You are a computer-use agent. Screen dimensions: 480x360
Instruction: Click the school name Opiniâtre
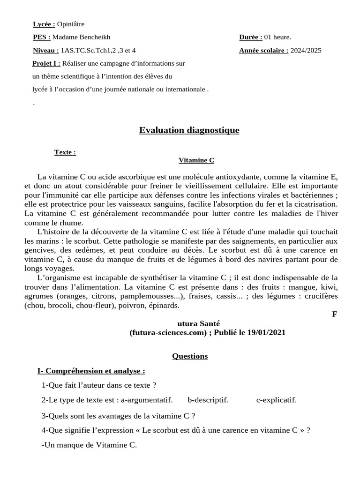tap(71, 24)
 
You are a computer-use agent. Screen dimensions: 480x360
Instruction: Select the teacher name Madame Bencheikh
tap(81, 37)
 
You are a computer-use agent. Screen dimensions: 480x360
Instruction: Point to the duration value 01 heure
tap(277, 37)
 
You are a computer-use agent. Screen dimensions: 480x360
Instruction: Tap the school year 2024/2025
tap(306, 51)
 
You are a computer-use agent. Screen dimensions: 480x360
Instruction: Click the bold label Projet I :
tap(46, 63)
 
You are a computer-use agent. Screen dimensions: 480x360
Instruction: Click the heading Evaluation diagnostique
tap(189, 130)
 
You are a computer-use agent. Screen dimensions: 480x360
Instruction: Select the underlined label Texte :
tap(65, 152)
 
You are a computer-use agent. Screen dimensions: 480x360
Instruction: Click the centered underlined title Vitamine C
tap(196, 160)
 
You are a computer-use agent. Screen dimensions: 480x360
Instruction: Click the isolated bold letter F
tap(334, 314)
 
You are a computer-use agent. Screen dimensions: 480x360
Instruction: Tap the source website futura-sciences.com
tap(168, 332)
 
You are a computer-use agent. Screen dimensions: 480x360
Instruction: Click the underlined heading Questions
tap(189, 356)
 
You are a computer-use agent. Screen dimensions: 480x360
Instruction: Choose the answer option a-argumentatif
tap(146, 400)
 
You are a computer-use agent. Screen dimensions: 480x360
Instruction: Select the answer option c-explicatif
tap(276, 400)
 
